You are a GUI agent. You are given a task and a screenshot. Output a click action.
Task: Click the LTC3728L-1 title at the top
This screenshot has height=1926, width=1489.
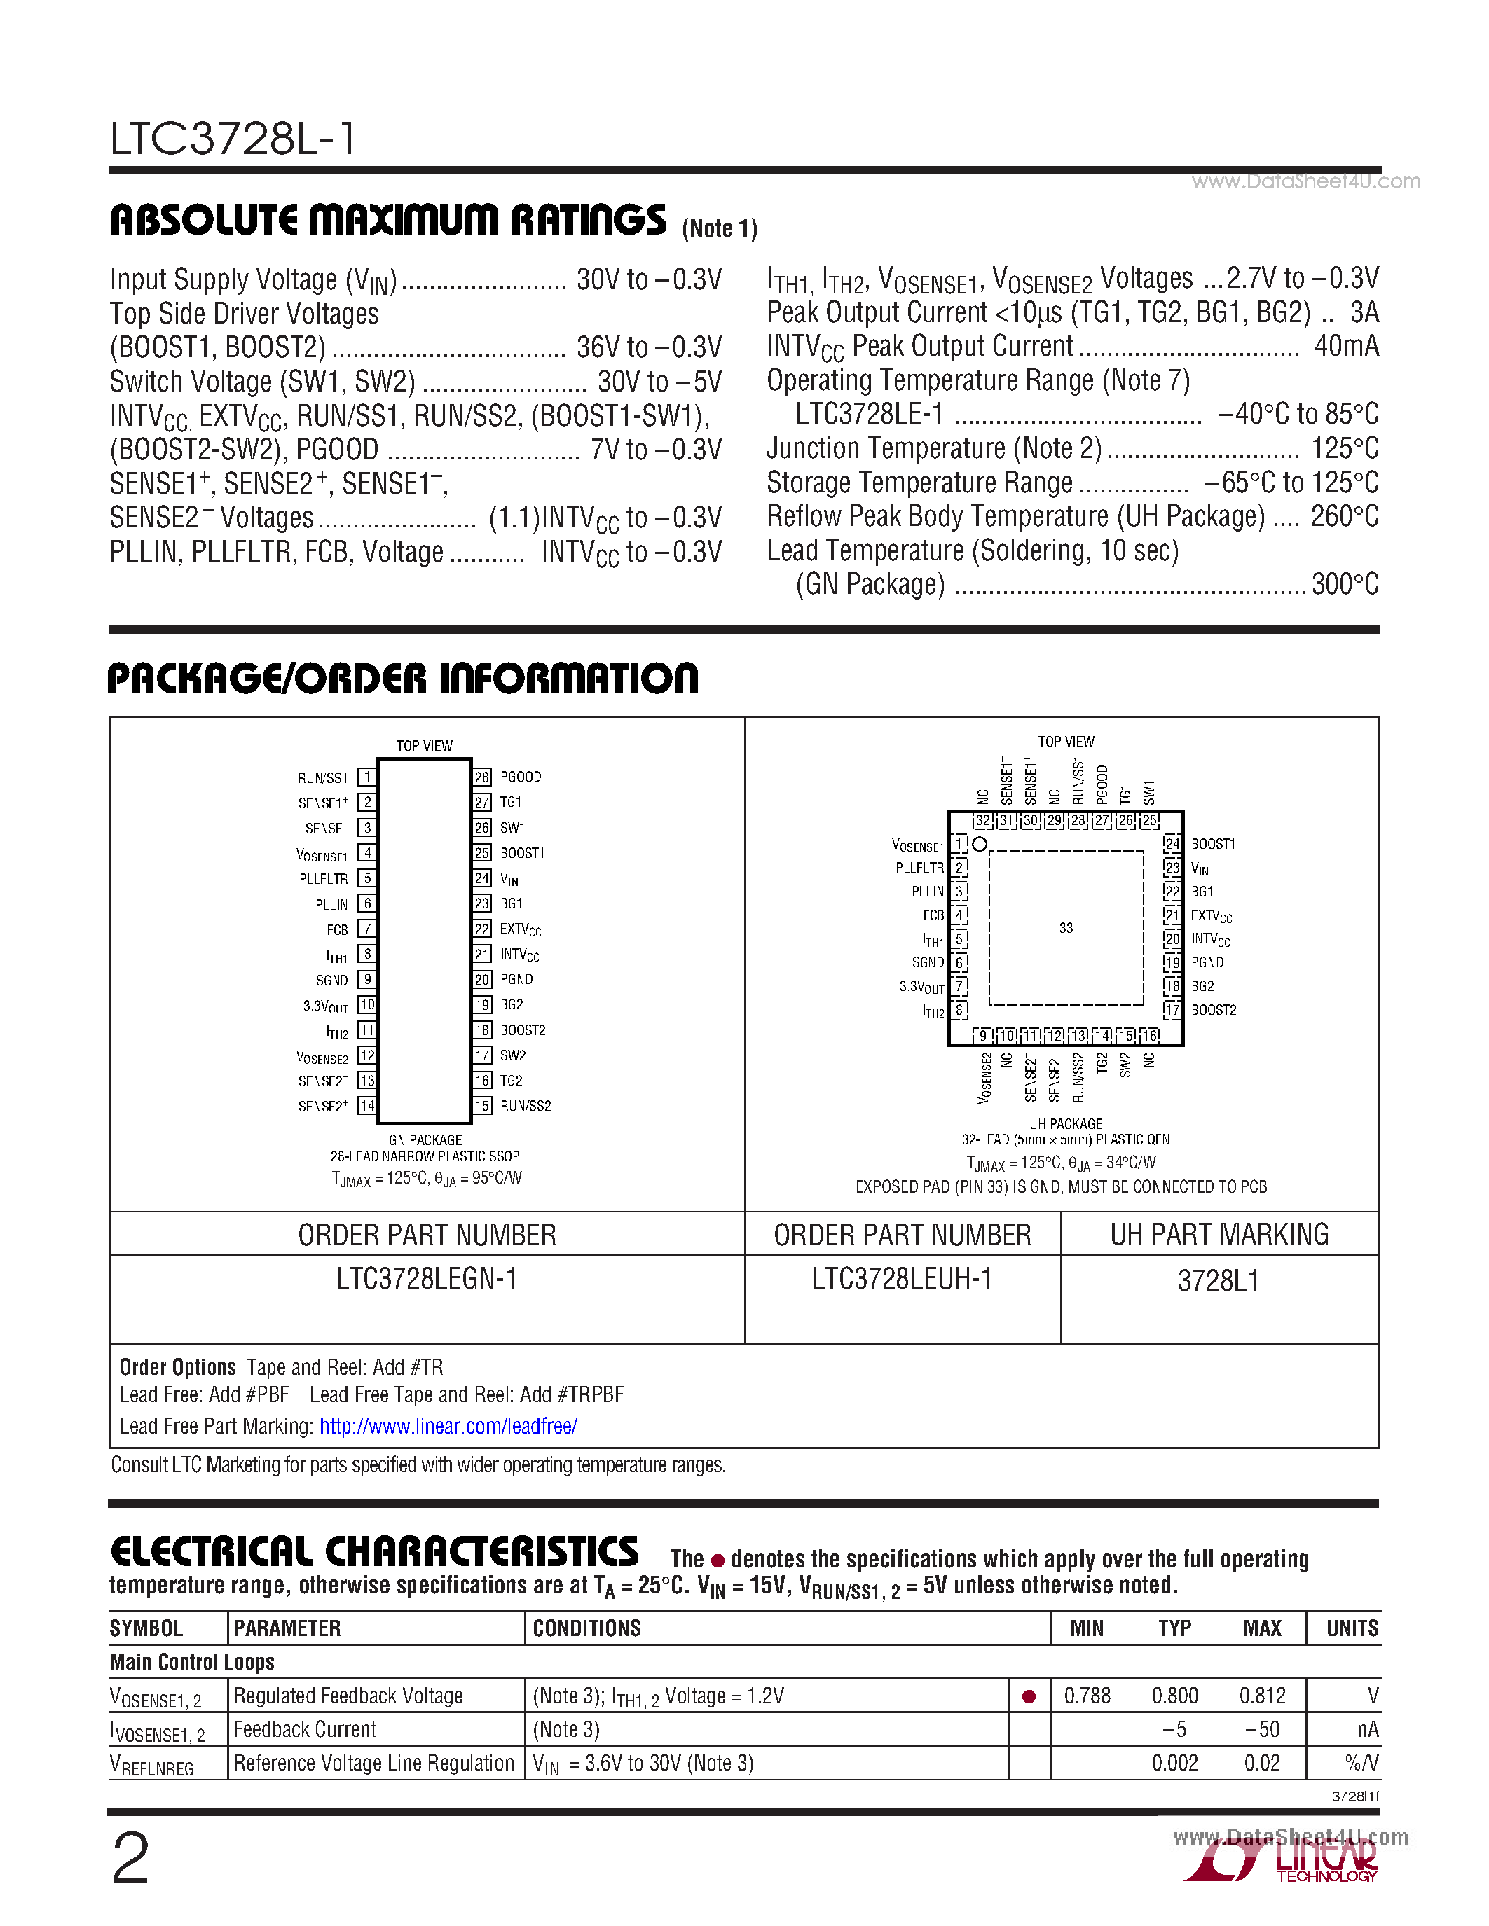point(233,139)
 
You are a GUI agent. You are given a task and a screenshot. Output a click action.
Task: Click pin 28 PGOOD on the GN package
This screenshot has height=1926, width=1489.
point(519,777)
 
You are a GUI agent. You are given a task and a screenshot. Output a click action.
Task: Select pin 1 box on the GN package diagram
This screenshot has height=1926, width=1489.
point(367,777)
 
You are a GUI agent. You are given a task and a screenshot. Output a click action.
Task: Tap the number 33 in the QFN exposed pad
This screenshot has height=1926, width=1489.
point(1066,928)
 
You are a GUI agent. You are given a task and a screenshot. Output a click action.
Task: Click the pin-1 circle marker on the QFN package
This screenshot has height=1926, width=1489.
point(979,844)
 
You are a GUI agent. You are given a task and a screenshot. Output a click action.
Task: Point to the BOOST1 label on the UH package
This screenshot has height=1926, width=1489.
point(1213,844)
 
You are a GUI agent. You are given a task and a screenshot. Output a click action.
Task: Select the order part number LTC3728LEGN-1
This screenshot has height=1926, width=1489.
point(426,1279)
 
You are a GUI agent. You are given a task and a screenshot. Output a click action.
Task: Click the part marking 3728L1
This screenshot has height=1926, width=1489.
point(1219,1280)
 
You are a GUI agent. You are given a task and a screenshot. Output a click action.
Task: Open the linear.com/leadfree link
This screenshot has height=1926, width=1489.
point(448,1426)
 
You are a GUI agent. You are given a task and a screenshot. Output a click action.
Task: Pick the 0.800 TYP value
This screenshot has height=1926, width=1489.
point(1174,1696)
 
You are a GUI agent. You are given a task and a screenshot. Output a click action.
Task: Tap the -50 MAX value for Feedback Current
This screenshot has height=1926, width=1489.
point(1261,1729)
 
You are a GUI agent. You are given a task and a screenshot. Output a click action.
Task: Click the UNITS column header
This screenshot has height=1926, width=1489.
point(1352,1629)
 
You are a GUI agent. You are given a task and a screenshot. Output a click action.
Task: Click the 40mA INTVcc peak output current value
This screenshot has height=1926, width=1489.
point(1346,346)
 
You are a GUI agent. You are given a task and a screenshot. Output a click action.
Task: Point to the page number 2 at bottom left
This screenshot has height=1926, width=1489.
point(130,1859)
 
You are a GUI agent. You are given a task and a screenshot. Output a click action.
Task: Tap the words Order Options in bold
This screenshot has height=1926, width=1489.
point(177,1367)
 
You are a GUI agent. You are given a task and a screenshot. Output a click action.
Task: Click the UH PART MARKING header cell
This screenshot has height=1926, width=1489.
point(1219,1234)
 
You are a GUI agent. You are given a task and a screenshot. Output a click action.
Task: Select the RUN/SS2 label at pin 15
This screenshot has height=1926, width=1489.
point(525,1106)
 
